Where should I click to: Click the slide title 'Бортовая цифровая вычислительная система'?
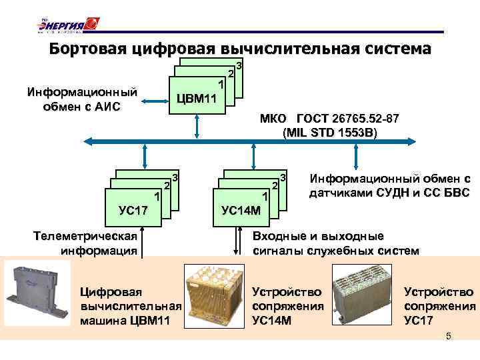pyautogui.click(x=240, y=49)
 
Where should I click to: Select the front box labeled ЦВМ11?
pyautogui.click(x=197, y=97)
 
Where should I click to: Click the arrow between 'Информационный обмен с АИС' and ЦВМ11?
pyautogui.click(x=153, y=101)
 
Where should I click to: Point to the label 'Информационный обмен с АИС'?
pyautogui.click(x=82, y=98)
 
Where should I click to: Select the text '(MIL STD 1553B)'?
pyautogui.click(x=329, y=132)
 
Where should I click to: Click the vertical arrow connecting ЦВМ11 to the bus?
pyautogui.click(x=197, y=125)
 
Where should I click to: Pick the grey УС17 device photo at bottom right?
pyautogui.click(x=365, y=293)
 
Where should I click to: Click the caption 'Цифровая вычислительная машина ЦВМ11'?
pyautogui.click(x=131, y=306)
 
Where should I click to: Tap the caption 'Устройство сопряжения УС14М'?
pyautogui.click(x=288, y=306)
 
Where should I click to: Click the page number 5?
pyautogui.click(x=448, y=337)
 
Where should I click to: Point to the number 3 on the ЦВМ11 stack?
pyautogui.click(x=239, y=67)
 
